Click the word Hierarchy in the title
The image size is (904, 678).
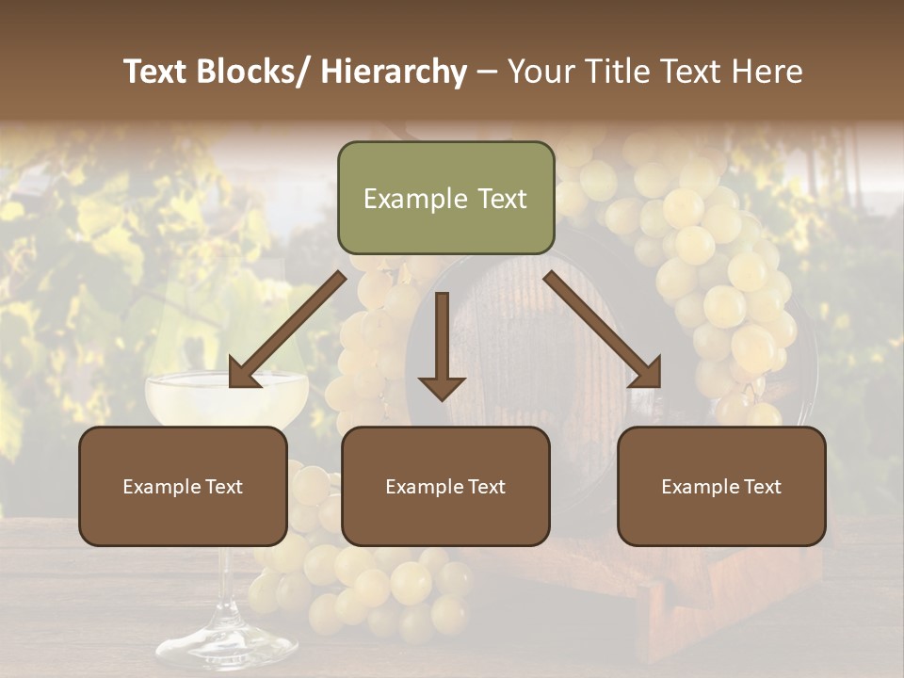click(x=394, y=72)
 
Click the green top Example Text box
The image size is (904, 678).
click(x=445, y=198)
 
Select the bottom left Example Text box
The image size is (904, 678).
click(x=183, y=486)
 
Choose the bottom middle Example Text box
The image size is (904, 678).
click(x=445, y=486)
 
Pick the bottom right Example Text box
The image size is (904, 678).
click(x=721, y=486)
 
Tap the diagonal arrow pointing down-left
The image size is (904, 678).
click(x=286, y=330)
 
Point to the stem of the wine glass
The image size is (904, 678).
click(x=226, y=584)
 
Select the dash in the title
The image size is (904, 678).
click(x=486, y=72)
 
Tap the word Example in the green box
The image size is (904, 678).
click(x=402, y=199)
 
